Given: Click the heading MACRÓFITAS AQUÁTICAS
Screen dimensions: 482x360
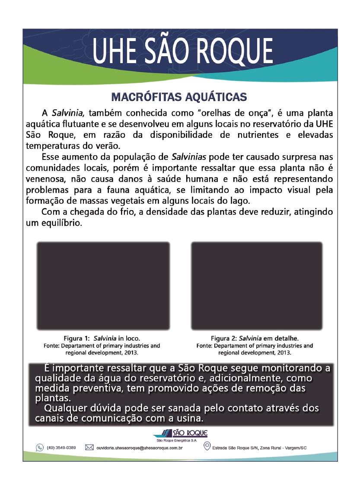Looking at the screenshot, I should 179,96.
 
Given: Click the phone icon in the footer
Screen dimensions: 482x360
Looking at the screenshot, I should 39,447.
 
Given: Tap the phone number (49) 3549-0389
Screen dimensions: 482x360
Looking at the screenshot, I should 61,447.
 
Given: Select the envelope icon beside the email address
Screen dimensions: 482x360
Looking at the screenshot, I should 89,447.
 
